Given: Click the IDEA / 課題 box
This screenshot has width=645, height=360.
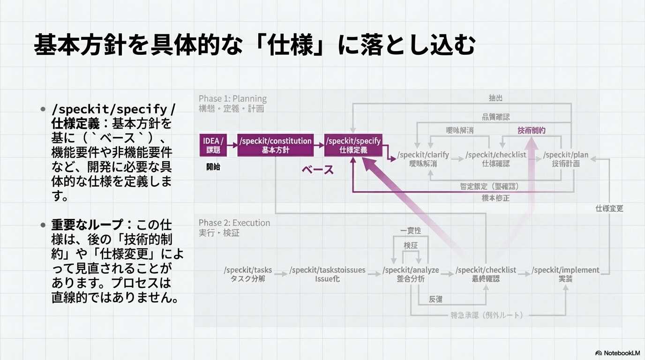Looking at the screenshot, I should pos(213,145).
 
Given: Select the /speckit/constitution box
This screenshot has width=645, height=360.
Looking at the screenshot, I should pos(276,145).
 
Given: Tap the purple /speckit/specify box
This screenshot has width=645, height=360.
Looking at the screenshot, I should pos(353,145).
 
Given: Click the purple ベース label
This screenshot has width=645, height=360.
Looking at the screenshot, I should pos(318,170).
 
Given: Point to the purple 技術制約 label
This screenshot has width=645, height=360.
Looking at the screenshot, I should pos(532,130).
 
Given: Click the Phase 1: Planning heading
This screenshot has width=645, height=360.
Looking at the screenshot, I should pos(232,98).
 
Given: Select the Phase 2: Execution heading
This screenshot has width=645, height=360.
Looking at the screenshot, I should pos(234,223).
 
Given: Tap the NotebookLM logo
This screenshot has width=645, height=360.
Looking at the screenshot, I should pos(617,352).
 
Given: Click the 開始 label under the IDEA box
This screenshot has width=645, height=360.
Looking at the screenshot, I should pos(213,167).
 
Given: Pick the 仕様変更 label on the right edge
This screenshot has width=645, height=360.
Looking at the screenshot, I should pos(609,208).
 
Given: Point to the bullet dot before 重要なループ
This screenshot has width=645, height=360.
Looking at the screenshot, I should pos(43,225).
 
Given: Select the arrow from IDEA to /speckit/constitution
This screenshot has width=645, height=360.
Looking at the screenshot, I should pos(232,145).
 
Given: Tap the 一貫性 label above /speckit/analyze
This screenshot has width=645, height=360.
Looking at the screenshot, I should pos(411,231).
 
